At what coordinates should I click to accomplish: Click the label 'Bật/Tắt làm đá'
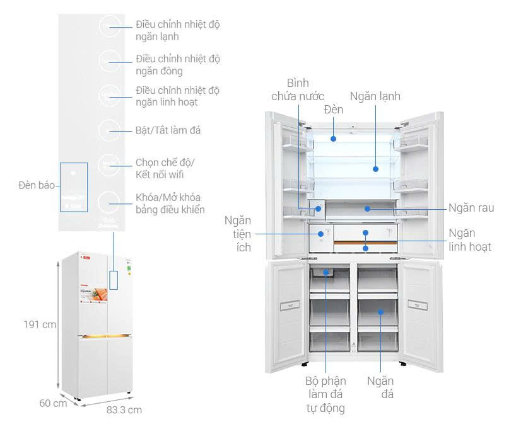(168, 130)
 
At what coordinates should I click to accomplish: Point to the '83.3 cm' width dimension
(124, 409)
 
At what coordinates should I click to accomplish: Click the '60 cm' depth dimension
(53, 403)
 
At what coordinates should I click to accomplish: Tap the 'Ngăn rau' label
(471, 207)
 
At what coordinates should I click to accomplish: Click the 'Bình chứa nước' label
(298, 89)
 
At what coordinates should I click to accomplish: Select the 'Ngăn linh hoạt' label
(469, 240)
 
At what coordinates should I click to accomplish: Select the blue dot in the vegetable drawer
(366, 207)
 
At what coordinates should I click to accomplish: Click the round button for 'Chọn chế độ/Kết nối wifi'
(110, 166)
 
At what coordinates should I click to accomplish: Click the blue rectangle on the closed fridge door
(114, 280)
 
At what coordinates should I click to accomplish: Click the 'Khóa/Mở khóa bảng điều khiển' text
(170, 203)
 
